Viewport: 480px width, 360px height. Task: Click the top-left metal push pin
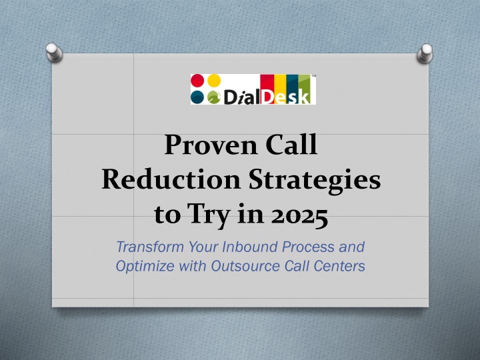point(54,52)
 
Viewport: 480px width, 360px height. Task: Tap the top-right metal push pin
point(425,53)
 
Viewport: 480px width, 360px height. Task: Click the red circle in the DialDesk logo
point(197,80)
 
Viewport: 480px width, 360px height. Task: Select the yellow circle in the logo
point(214,80)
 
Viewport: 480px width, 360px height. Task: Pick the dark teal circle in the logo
point(197,97)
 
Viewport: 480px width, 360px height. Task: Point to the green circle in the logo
point(214,97)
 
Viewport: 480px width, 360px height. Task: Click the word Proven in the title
point(211,145)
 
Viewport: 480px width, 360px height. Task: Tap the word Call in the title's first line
point(291,144)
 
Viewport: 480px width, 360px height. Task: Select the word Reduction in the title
point(171,179)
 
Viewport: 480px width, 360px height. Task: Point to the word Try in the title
point(208,215)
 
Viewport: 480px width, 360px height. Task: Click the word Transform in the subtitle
point(150,247)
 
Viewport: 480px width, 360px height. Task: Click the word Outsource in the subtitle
point(245,266)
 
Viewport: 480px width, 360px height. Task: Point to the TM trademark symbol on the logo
point(313,75)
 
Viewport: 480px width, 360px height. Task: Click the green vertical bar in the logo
point(305,89)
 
